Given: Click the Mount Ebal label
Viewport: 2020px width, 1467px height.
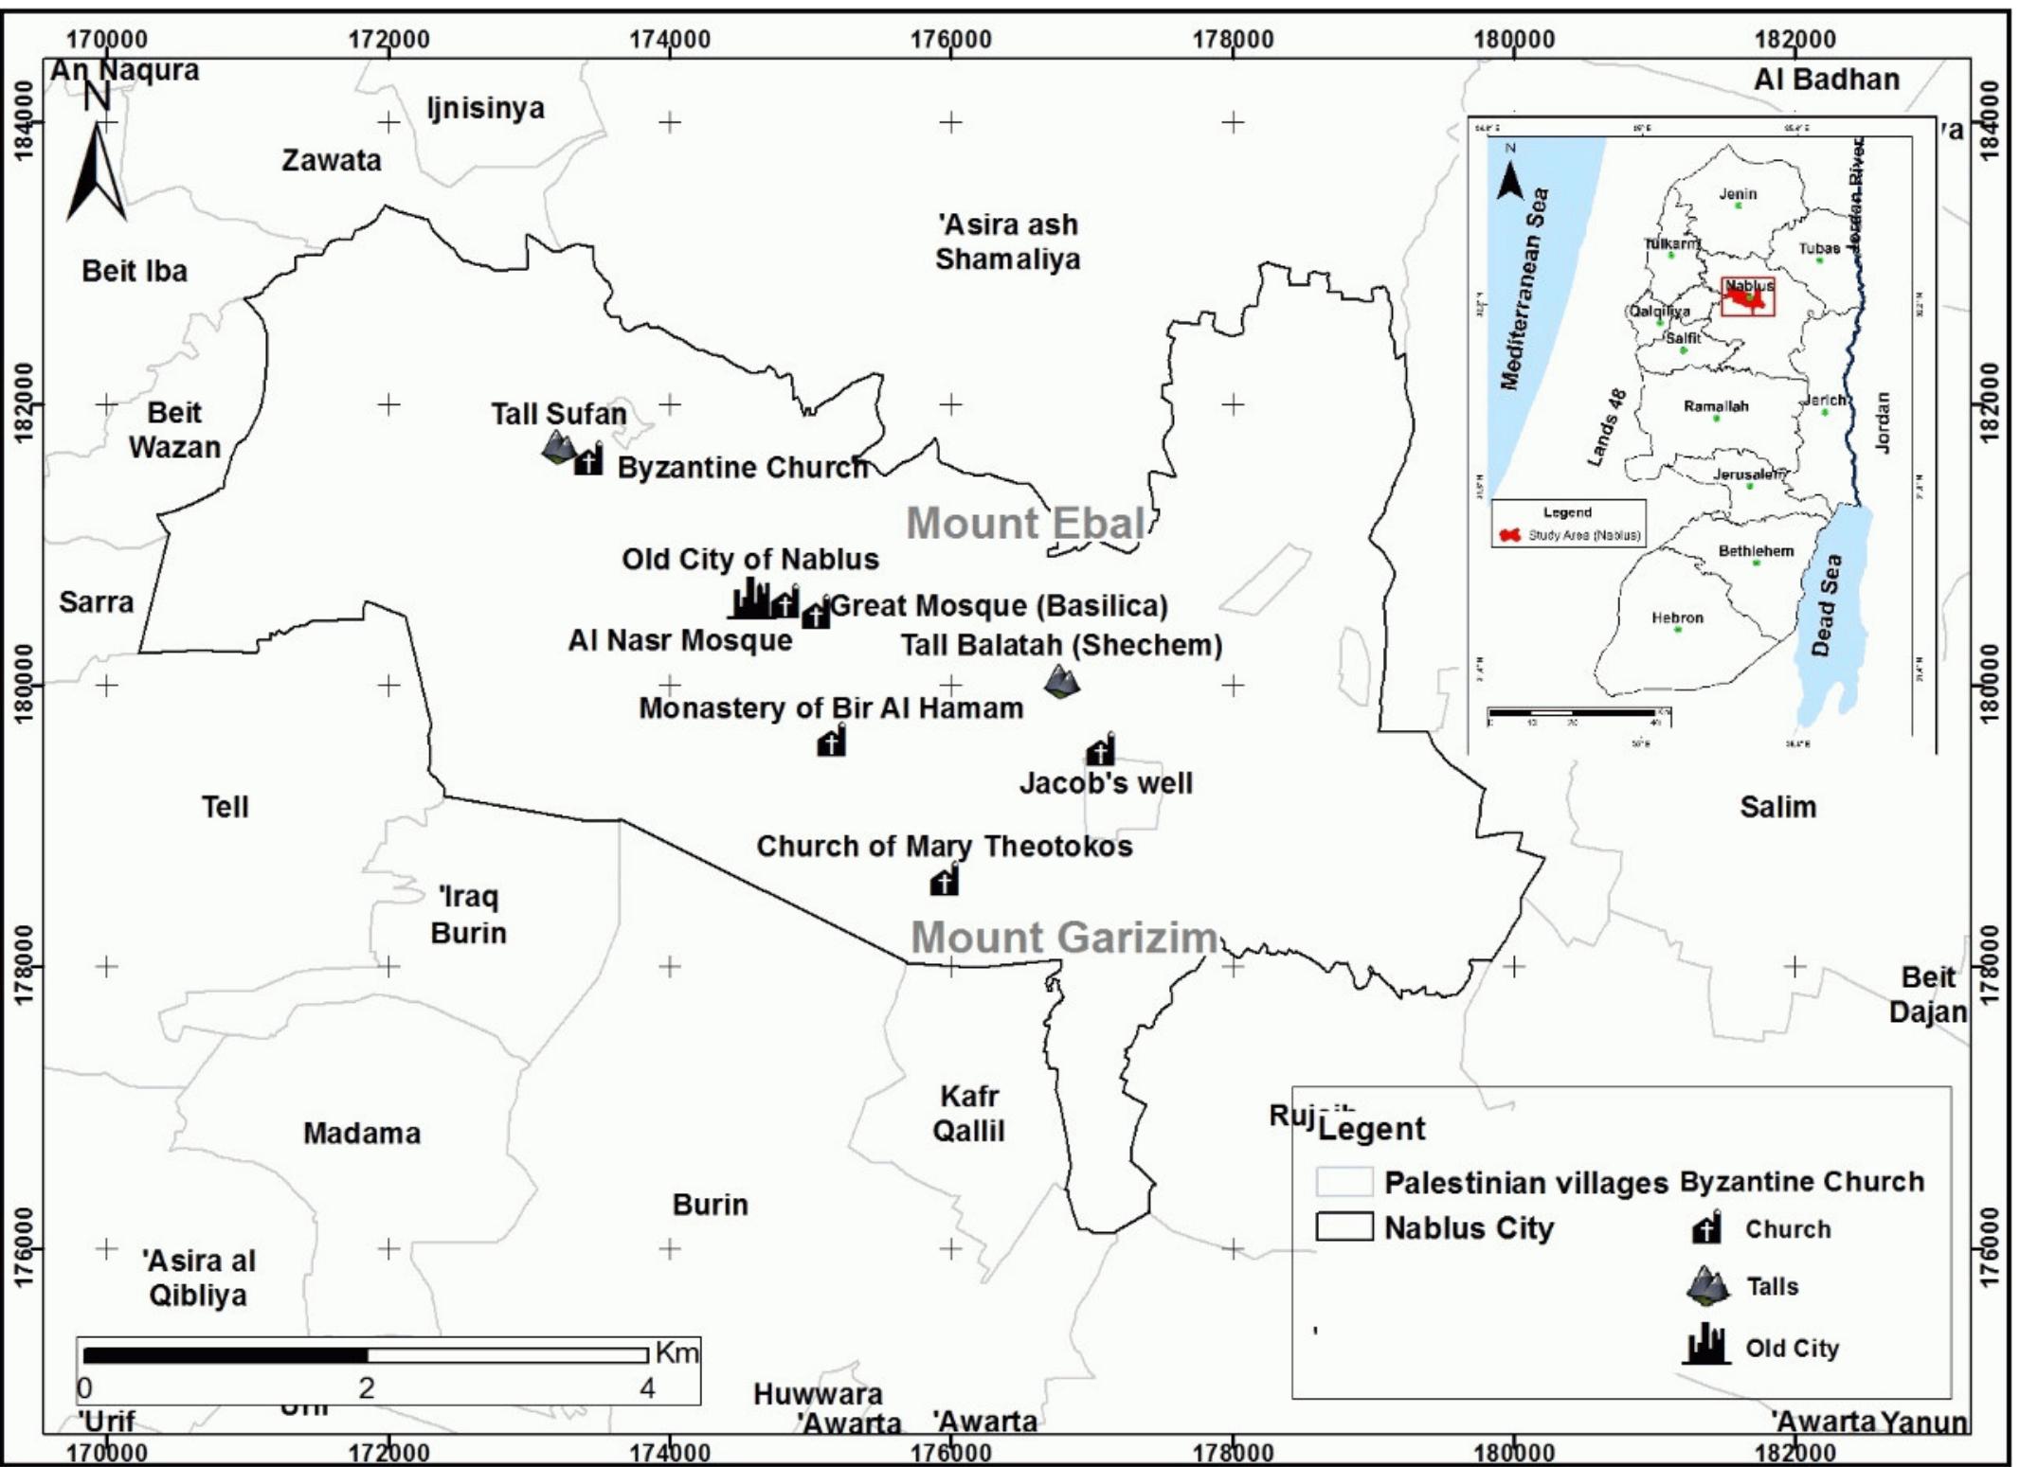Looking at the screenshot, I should [x=1026, y=523].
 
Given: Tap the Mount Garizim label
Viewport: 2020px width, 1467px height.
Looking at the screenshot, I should [x=1064, y=938].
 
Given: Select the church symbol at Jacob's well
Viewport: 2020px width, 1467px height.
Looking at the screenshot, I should [x=1100, y=750].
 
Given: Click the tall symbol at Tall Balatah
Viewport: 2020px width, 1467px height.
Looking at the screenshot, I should [x=1062, y=680].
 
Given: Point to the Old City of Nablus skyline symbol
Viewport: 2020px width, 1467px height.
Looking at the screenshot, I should [x=752, y=599].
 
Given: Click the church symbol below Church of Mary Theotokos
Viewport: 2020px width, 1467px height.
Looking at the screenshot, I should [x=944, y=881].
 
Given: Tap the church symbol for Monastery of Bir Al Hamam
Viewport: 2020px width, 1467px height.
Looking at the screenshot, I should [x=831, y=742].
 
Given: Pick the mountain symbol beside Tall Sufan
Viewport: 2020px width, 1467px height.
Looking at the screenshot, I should [x=559, y=447].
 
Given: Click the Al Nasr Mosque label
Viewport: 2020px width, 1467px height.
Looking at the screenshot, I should [x=679, y=640].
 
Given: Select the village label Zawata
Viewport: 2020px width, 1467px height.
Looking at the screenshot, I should [x=331, y=160].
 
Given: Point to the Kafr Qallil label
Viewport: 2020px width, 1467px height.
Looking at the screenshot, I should [x=968, y=1113].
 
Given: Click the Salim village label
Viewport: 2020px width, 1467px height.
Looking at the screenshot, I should [x=1777, y=807].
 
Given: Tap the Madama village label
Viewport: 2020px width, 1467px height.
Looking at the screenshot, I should [x=361, y=1133].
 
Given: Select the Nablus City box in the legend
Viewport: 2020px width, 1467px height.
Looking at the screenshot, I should [x=1344, y=1227].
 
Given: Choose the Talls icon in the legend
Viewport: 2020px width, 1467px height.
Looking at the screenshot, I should [x=1708, y=1285].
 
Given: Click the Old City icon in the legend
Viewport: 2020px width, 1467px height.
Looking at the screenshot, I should [x=1706, y=1345].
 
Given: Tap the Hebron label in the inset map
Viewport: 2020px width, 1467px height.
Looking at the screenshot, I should [x=1677, y=617].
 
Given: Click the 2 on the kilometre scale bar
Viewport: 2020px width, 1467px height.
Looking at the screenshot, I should [x=366, y=1388].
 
